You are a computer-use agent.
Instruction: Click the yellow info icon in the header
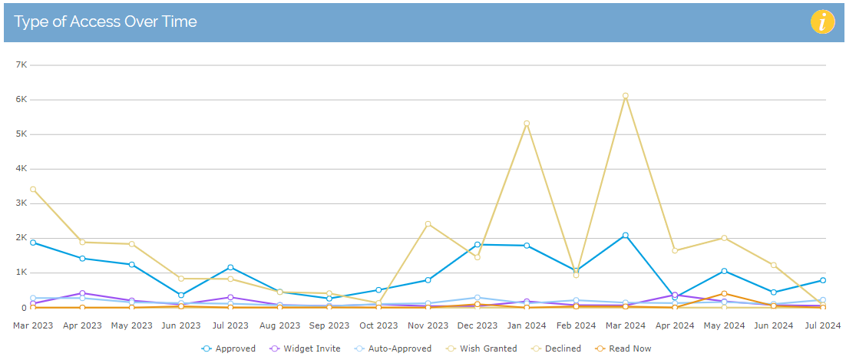coord(822,22)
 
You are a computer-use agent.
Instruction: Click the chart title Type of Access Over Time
coord(105,21)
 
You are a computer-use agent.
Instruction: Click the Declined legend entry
coord(559,348)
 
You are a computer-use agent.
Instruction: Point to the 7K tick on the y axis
coord(21,65)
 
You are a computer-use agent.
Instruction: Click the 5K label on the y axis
coord(21,134)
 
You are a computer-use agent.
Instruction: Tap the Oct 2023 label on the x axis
coord(378,325)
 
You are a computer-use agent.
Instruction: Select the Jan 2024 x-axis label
coord(527,325)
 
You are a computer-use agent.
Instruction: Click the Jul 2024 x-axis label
coord(821,325)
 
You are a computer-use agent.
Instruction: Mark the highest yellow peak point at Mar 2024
coord(626,96)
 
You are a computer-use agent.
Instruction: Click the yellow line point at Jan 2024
coord(527,124)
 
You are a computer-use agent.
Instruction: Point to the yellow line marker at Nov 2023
coord(428,224)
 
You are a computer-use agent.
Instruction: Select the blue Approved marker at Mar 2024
coord(626,235)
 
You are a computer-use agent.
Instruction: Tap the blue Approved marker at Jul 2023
coord(230,267)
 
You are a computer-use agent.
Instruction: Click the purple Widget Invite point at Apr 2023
coord(82,293)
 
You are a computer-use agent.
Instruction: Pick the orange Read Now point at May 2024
coord(724,294)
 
